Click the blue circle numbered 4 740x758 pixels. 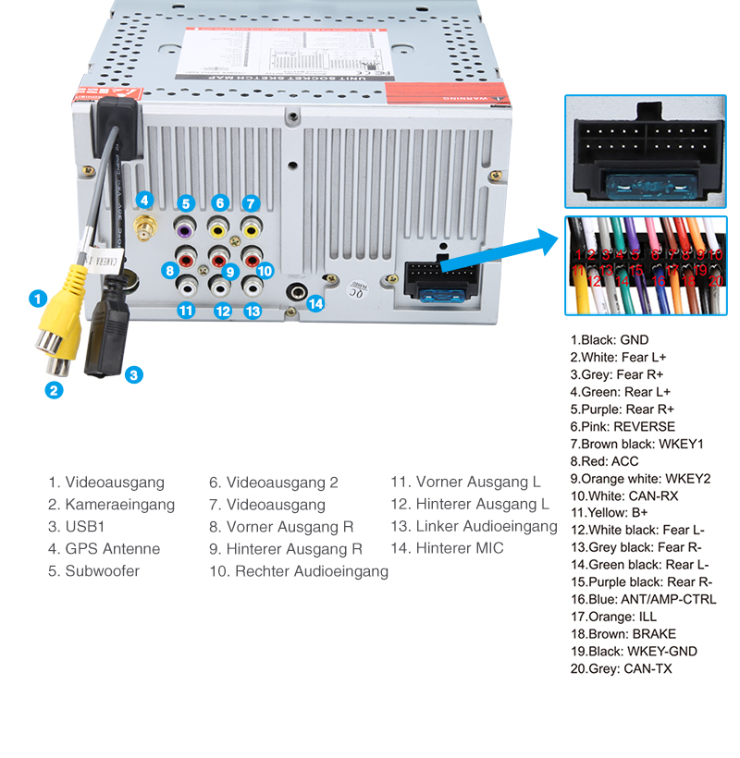[143, 199]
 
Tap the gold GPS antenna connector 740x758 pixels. [144, 226]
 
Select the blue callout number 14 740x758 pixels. [316, 302]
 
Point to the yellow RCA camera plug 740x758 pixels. [65, 319]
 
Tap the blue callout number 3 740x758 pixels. [134, 374]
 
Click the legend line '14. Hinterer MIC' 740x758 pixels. [447, 549]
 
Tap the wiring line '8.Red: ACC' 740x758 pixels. [604, 461]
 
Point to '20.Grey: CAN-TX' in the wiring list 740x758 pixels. [621, 668]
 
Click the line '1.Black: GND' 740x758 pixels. [610, 339]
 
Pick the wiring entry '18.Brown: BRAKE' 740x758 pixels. [623, 634]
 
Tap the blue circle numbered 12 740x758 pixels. [222, 312]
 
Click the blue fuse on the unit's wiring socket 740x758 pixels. [441, 296]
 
